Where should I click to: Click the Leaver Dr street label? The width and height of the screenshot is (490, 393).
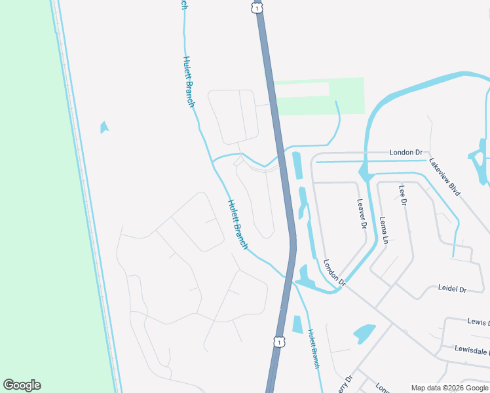362,214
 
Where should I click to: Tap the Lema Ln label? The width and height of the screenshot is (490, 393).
385,231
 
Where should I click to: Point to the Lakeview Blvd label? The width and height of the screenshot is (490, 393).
445,177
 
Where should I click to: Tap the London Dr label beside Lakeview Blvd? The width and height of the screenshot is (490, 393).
406,153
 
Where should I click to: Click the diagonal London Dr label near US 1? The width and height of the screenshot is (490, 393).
334,272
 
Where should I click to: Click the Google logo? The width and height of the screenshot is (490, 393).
22,385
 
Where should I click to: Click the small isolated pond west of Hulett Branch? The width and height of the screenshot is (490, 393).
104,127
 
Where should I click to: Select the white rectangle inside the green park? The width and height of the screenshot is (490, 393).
302,90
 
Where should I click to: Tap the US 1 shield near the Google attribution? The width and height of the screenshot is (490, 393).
280,341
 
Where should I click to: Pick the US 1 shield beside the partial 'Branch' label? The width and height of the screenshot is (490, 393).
256,7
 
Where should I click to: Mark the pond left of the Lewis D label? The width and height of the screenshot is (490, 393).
364,333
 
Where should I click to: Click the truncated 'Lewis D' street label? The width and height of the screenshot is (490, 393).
479,322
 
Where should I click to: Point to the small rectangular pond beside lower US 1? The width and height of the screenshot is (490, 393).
297,324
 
